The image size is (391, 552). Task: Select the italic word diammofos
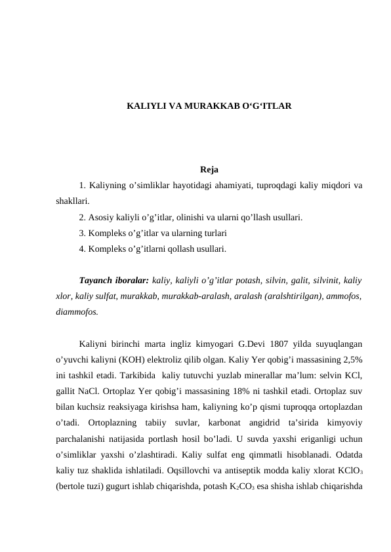pyautogui.click(x=77, y=311)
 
